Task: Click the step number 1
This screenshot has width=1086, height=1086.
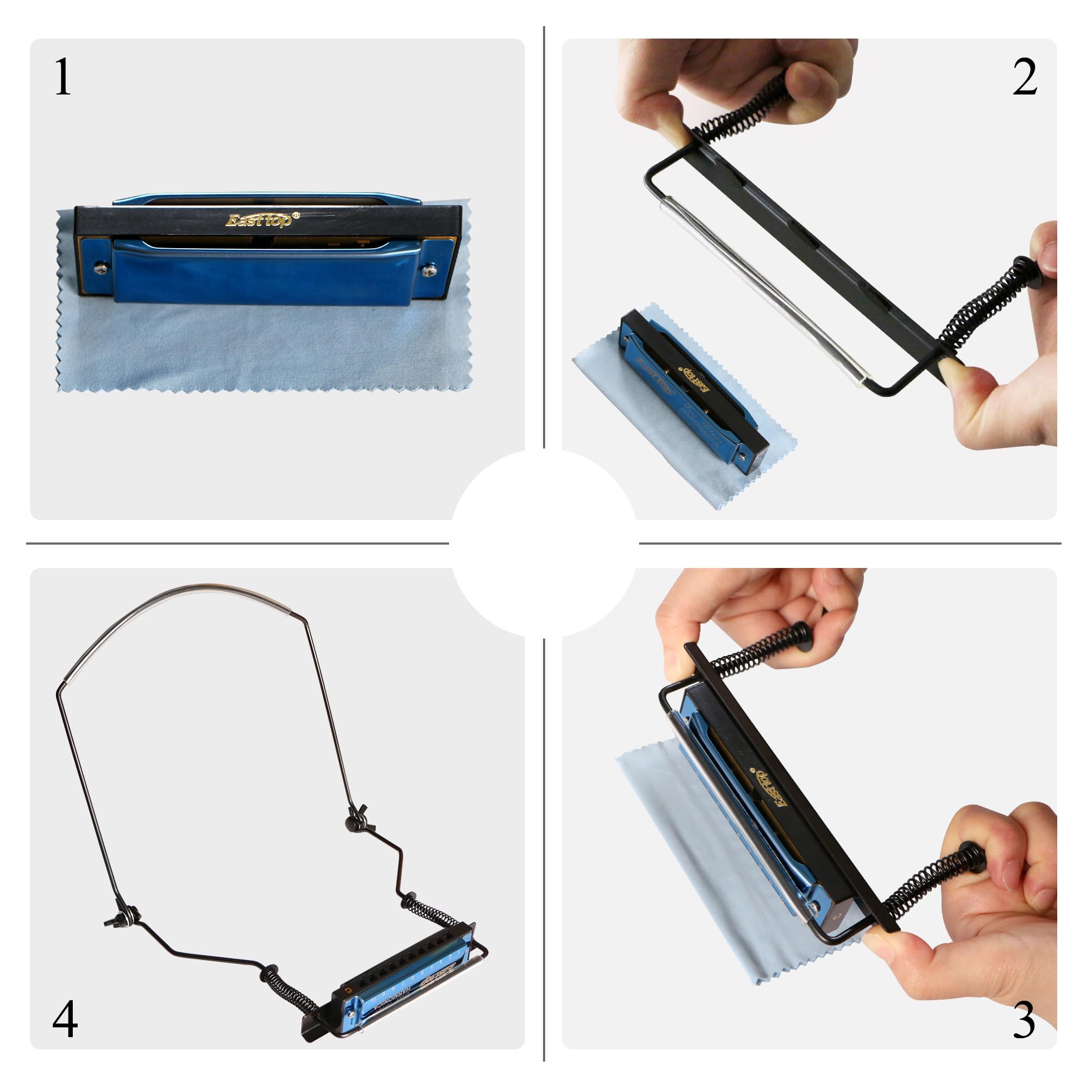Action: [62, 78]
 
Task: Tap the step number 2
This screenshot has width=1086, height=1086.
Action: [1024, 78]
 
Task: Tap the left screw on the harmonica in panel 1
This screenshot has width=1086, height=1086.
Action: [101, 269]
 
